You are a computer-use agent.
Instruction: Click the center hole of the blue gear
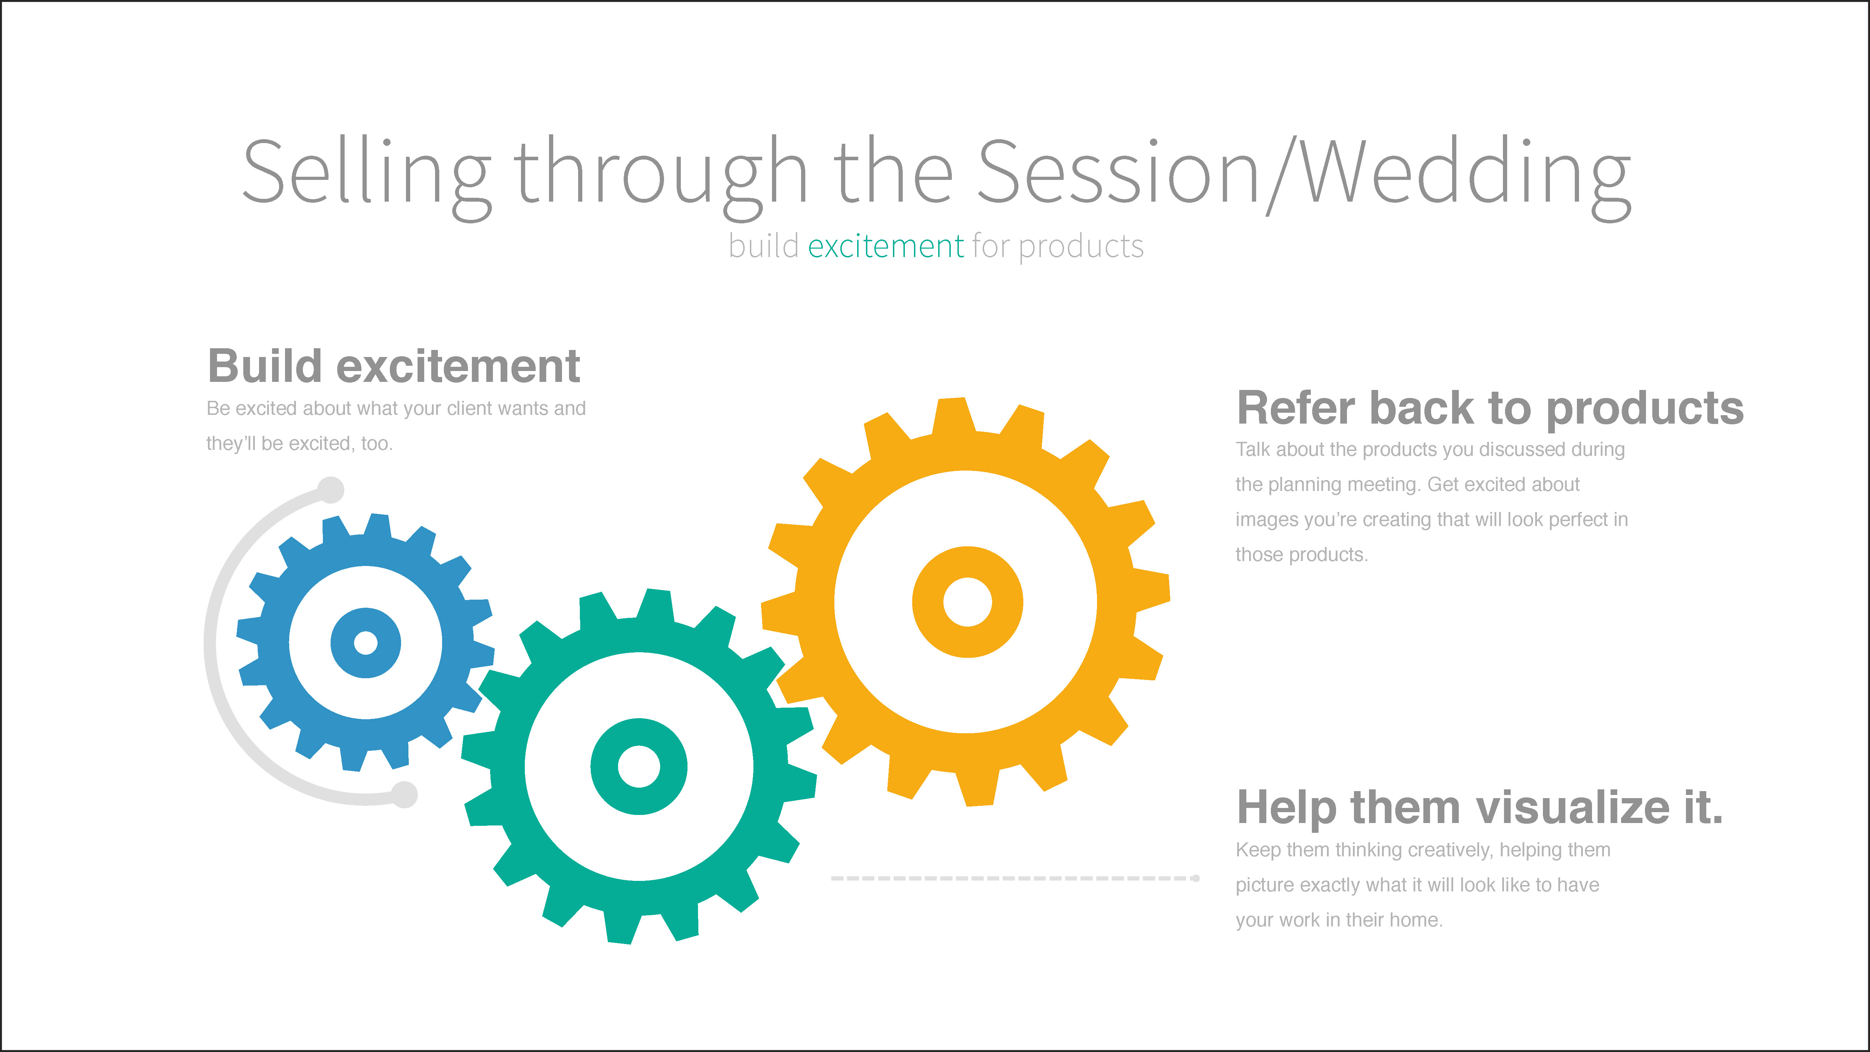[x=365, y=642]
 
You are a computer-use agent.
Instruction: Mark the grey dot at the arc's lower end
[x=404, y=794]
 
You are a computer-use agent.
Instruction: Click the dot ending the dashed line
[x=1195, y=878]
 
